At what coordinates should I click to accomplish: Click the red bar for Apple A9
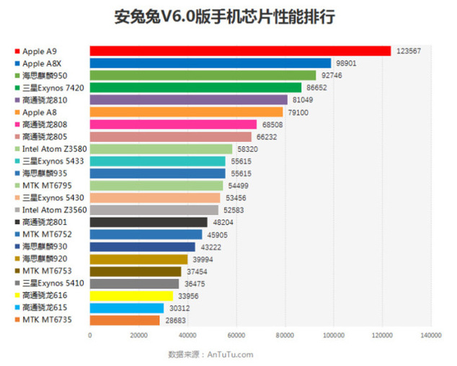point(239,51)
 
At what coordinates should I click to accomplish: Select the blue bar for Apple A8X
point(210,63)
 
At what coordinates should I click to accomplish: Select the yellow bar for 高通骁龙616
point(131,295)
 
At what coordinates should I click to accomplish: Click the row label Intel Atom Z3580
point(51,148)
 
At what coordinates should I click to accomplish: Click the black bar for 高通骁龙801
point(148,222)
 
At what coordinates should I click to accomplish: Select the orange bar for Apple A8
point(186,112)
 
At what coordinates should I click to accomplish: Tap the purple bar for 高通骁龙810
point(187,100)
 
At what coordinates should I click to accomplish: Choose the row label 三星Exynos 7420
point(53,88)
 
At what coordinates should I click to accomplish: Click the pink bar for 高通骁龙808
point(173,125)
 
